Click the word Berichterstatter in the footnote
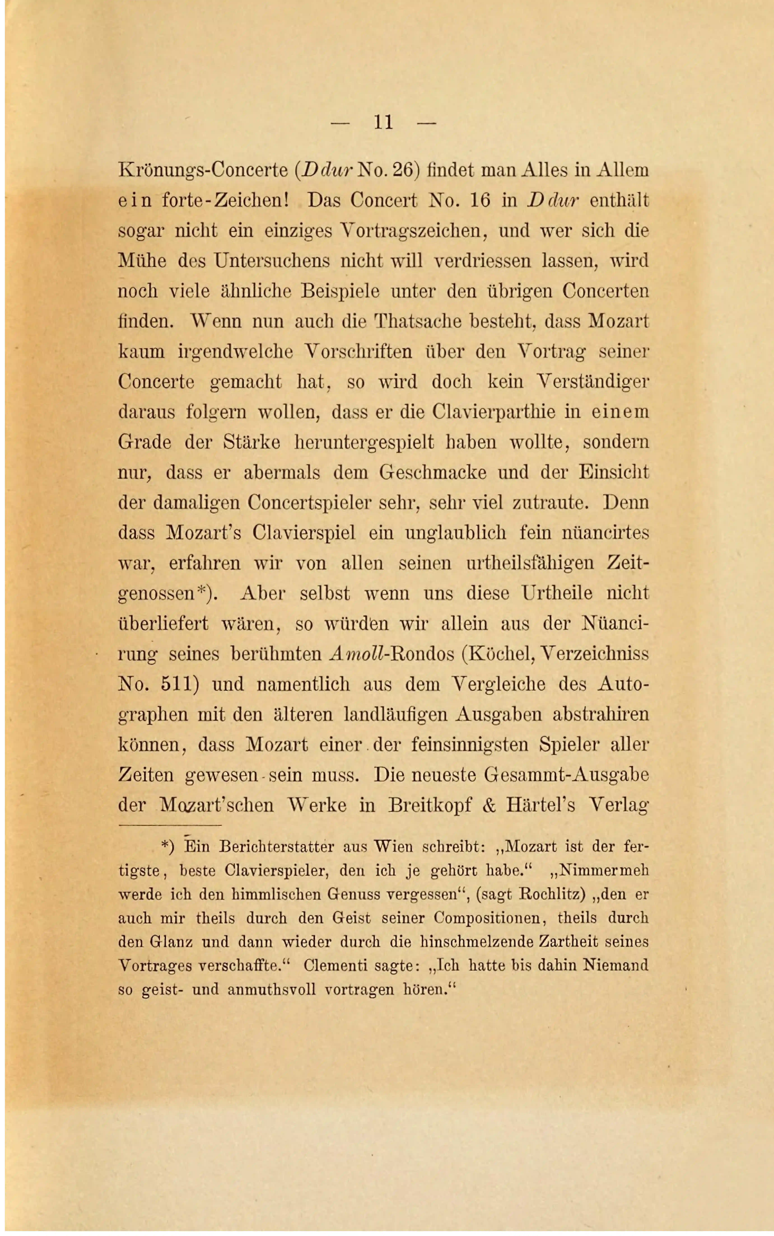[x=276, y=847]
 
